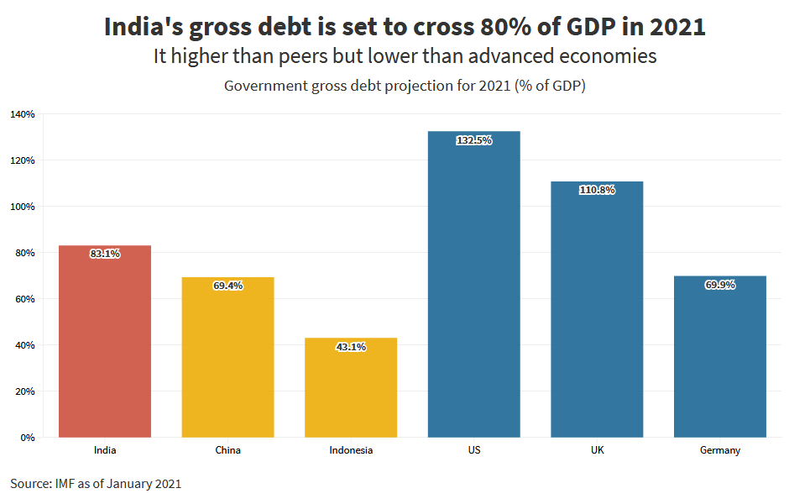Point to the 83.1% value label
click(x=105, y=254)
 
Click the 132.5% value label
click(x=474, y=140)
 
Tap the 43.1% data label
click(x=351, y=346)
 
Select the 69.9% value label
click(x=720, y=285)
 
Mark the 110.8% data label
click(x=597, y=190)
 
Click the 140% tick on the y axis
click(x=23, y=114)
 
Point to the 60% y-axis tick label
click(x=25, y=299)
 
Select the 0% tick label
click(x=28, y=438)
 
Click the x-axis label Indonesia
click(x=351, y=450)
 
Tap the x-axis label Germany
click(x=720, y=450)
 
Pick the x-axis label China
click(x=227, y=450)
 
